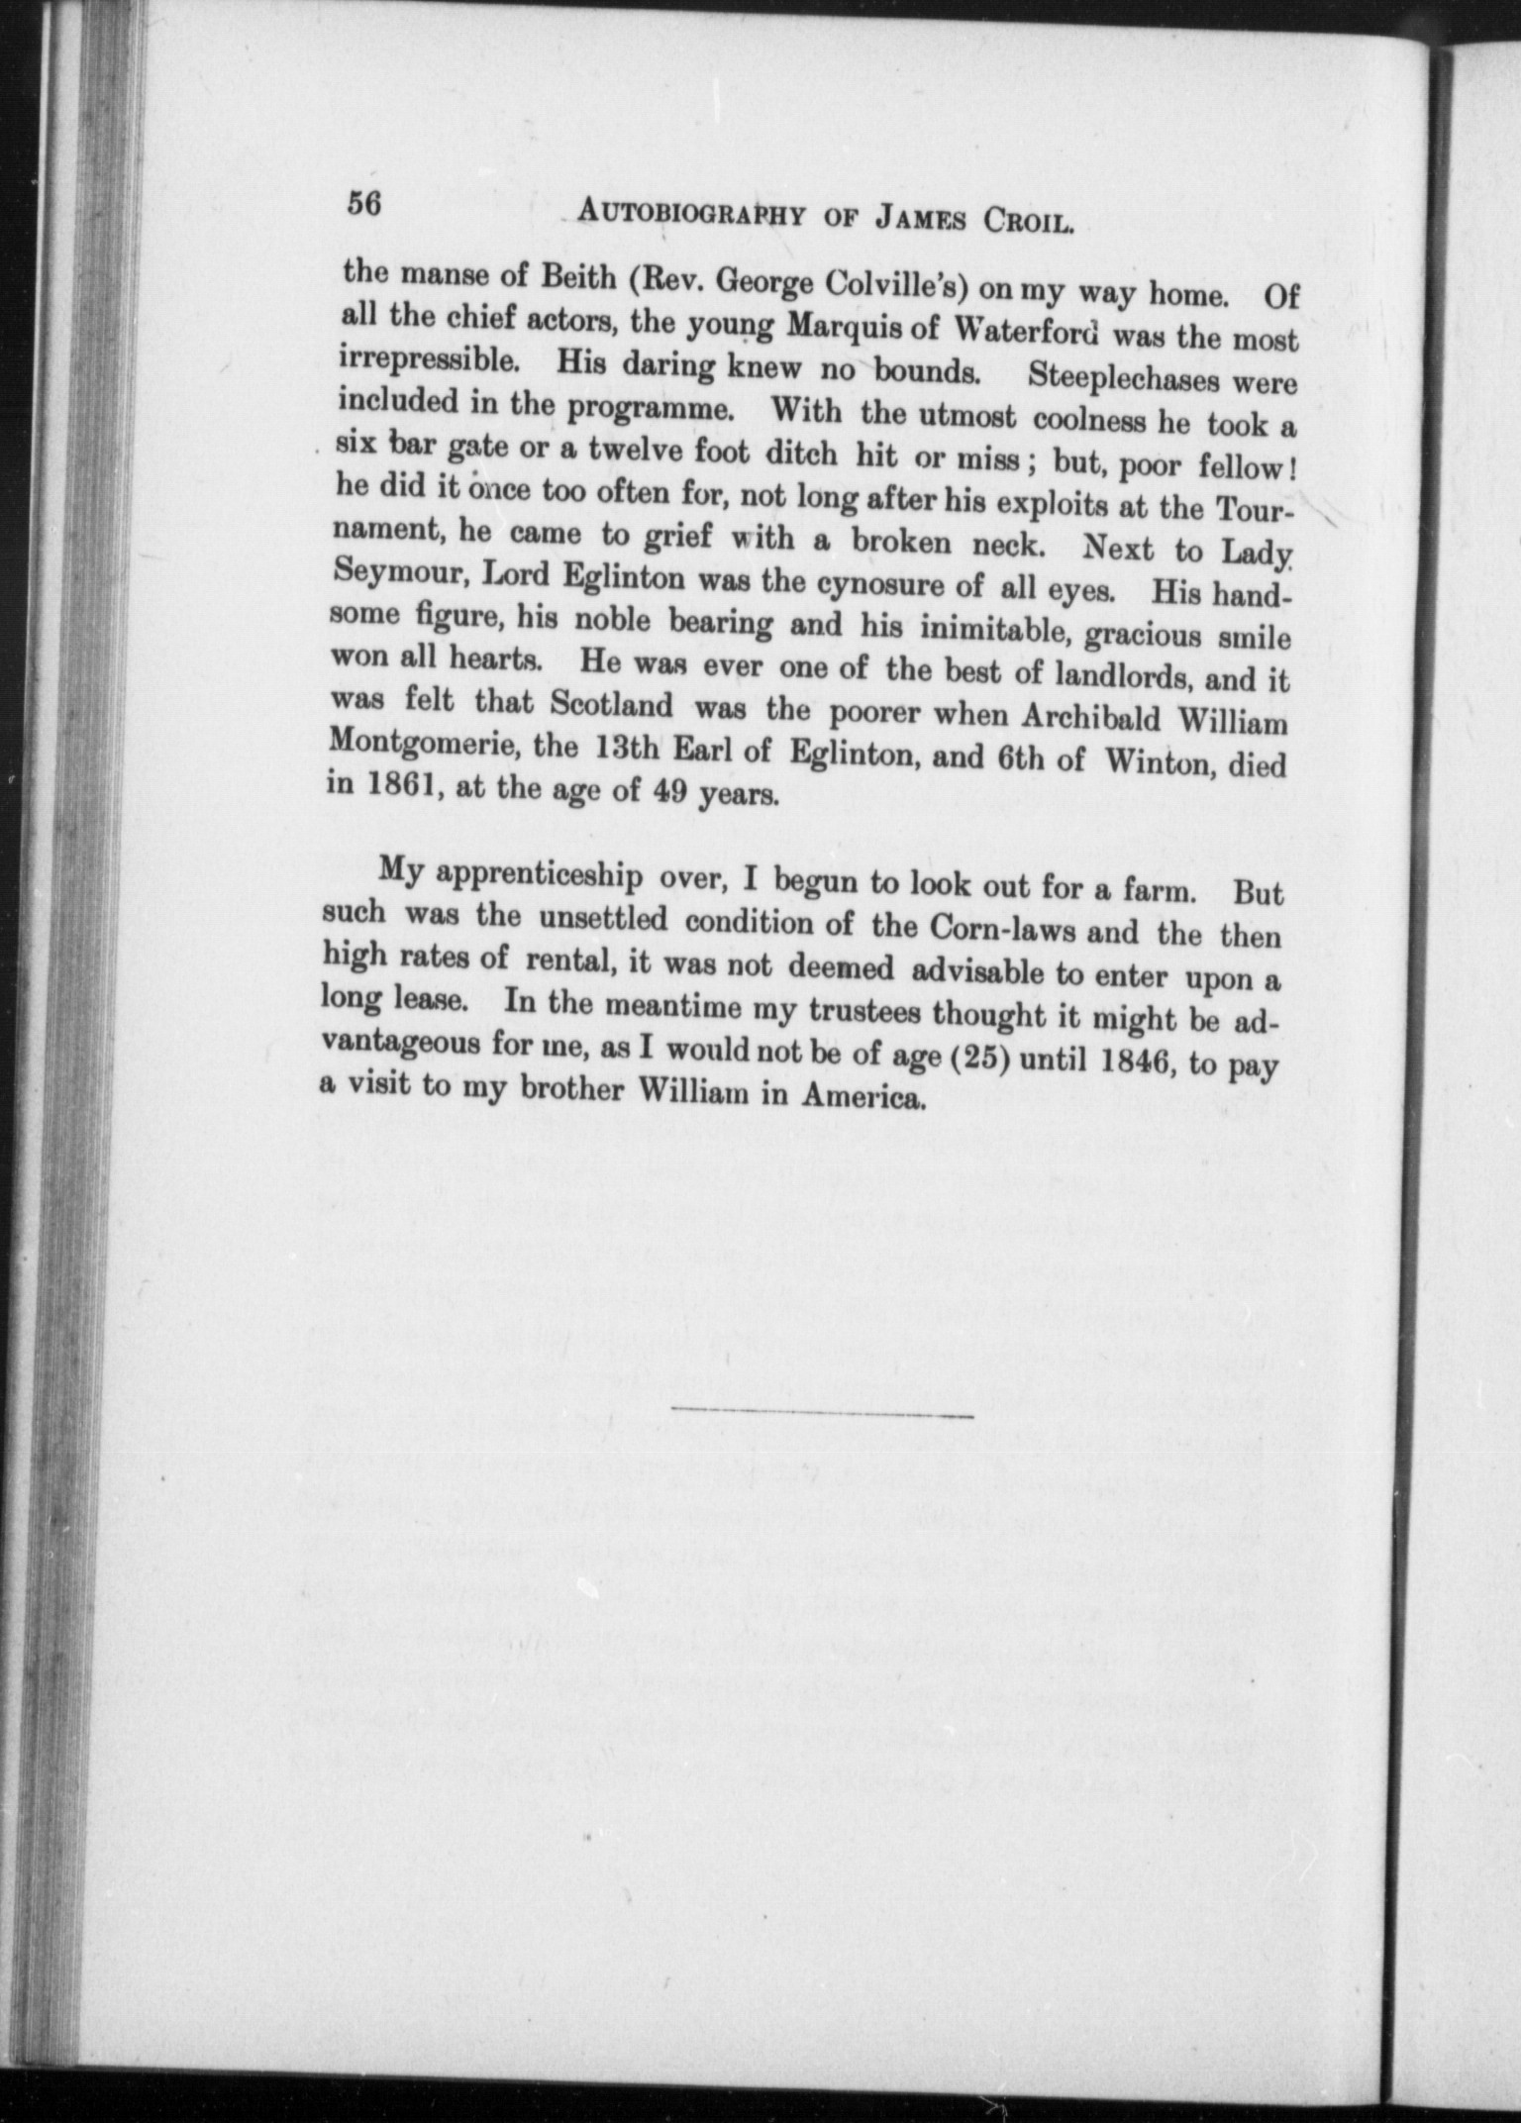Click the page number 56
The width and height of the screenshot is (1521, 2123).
click(363, 203)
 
